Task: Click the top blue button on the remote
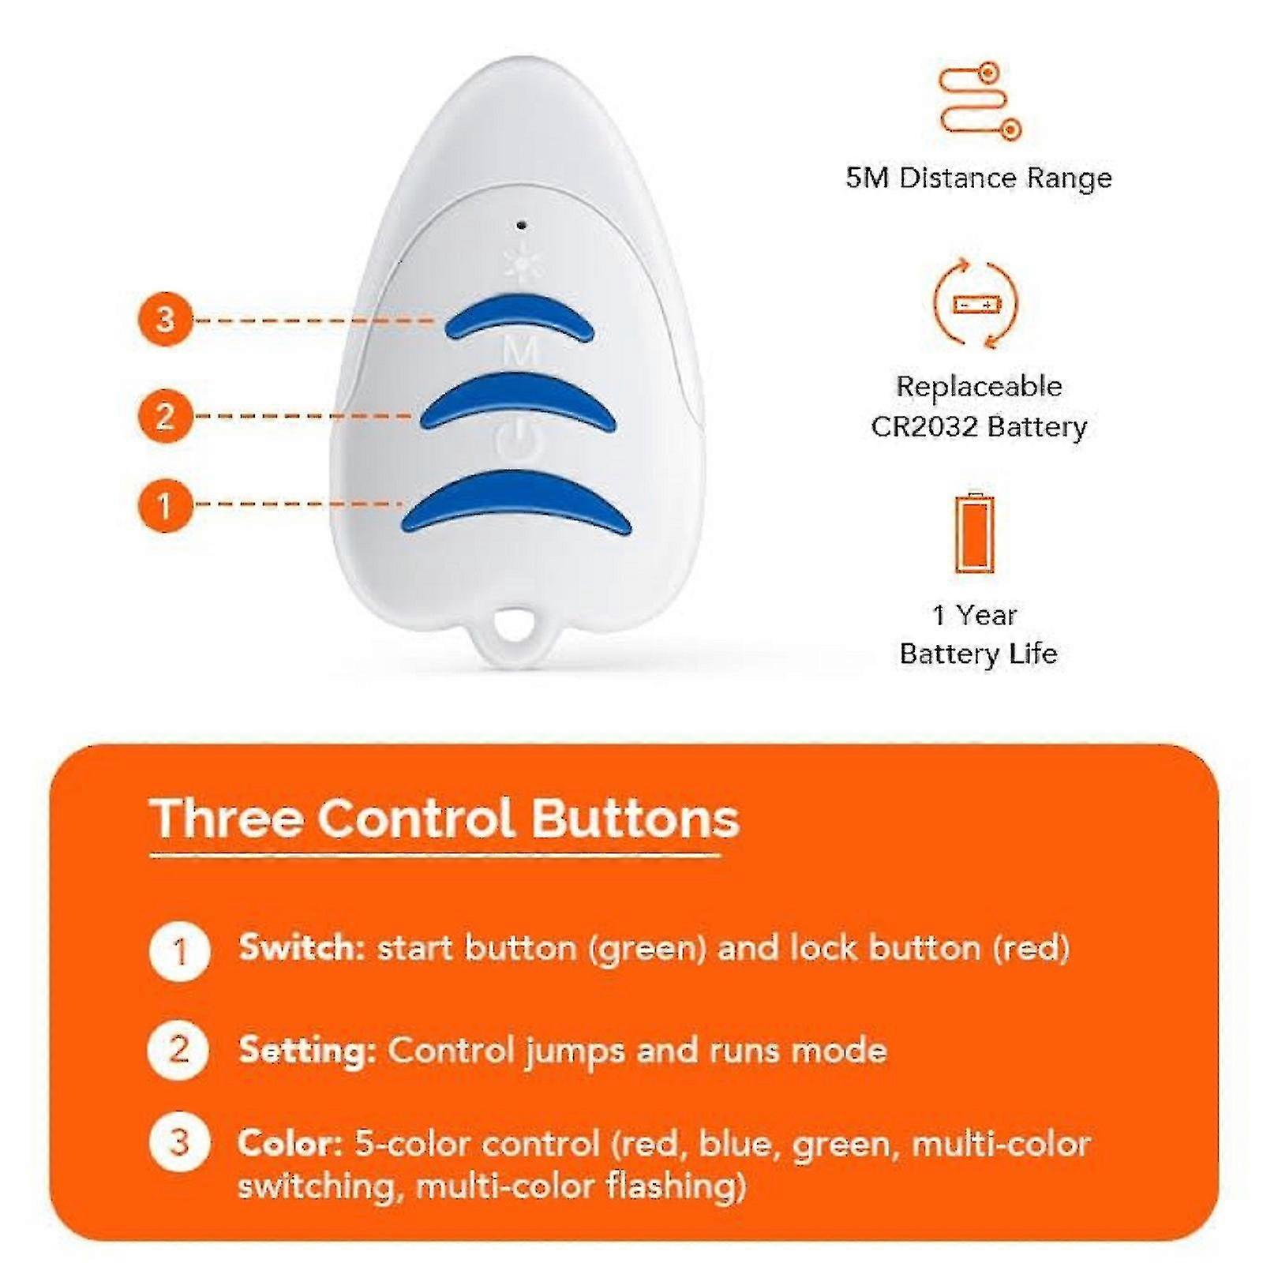pos(519,316)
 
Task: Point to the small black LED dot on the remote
pos(521,226)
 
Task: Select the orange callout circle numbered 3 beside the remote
pos(165,320)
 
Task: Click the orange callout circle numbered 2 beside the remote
pos(165,415)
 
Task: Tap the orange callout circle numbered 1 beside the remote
pos(165,504)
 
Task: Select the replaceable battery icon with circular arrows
pos(976,303)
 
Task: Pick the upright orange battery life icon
pos(975,534)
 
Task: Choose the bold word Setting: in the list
pos(307,1050)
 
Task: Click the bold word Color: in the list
pos(290,1143)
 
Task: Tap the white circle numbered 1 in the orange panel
pos(179,951)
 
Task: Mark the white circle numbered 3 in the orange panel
pos(179,1141)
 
